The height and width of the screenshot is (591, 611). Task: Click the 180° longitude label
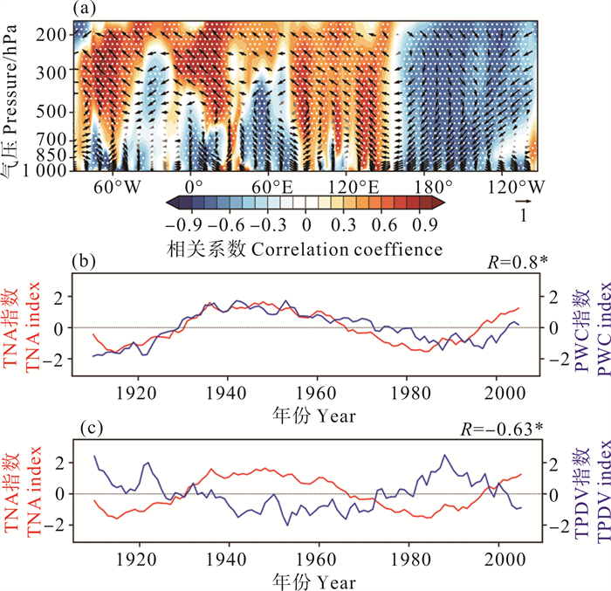434,186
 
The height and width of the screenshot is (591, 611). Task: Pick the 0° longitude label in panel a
194,186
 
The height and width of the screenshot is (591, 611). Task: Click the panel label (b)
83,259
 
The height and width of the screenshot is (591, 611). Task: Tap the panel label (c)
83,430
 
